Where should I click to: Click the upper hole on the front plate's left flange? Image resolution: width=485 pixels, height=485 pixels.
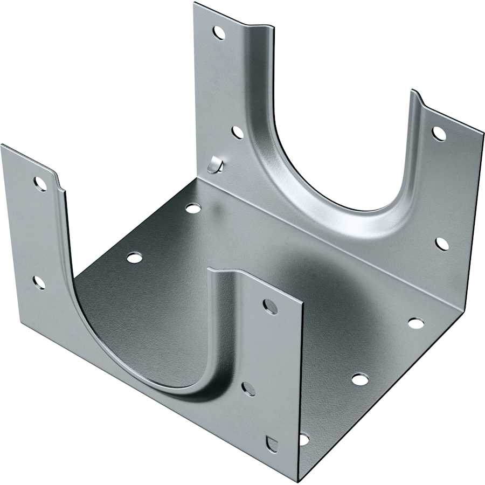pos(40,184)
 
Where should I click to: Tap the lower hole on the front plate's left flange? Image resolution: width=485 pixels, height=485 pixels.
pos(39,282)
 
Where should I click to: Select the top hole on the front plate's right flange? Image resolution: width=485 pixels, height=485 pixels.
pos(270,307)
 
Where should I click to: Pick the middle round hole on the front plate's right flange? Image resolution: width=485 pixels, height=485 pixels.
pos(248,389)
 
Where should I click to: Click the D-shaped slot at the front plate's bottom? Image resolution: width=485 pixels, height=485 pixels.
pos(272,444)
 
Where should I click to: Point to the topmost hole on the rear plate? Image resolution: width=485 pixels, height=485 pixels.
pos(219,33)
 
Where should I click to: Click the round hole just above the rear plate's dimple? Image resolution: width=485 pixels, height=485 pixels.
pos(238,132)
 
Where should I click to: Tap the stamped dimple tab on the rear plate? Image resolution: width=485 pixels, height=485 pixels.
pos(216,165)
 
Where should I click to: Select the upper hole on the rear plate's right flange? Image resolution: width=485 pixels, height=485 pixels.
pos(439,133)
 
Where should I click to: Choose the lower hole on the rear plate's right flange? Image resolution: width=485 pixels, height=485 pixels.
pos(442,244)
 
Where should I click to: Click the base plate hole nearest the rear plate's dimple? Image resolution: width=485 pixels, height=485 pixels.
pos(193,208)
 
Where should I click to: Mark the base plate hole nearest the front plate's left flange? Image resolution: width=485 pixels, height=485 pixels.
pos(134,258)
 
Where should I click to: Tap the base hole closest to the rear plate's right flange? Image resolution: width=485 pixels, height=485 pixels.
pos(415,323)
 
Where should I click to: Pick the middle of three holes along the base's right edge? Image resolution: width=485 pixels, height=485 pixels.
pos(360,379)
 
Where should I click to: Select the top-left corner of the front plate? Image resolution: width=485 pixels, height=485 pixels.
pos(2,145)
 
